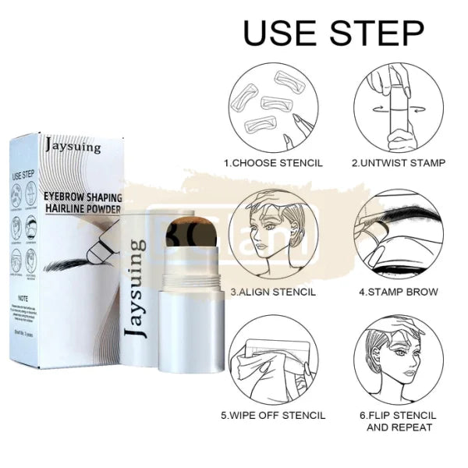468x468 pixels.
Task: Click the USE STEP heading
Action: pos(334,34)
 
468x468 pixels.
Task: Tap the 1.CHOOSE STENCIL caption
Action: pos(272,163)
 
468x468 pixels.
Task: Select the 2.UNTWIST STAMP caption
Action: pos(398,163)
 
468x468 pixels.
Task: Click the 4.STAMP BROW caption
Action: pos(398,292)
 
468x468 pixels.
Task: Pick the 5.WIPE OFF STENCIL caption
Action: pos(272,416)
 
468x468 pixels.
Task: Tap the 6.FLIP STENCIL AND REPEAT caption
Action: pos(398,422)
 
